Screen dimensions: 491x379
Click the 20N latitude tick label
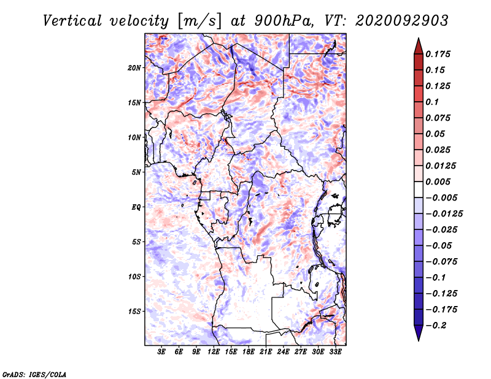134,68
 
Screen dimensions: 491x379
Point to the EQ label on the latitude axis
136,207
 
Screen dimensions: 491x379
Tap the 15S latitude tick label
134,312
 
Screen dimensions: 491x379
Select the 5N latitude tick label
136,172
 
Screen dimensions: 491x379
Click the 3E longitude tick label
161,352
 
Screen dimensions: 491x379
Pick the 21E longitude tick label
266,352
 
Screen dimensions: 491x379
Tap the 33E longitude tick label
335,352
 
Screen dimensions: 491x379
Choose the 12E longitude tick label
213,352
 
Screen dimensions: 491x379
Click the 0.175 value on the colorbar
438,54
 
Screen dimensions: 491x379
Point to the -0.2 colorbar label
436,326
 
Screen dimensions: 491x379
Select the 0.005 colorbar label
438,182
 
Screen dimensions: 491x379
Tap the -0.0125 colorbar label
444,214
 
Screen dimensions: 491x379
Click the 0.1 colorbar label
432,102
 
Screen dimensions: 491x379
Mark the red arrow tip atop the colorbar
419,39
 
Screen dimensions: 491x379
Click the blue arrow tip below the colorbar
419,340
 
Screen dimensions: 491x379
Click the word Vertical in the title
72,21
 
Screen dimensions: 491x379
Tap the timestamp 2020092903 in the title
402,21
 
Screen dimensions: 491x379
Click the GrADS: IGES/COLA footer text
34,374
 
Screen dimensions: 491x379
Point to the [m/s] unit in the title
199,21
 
